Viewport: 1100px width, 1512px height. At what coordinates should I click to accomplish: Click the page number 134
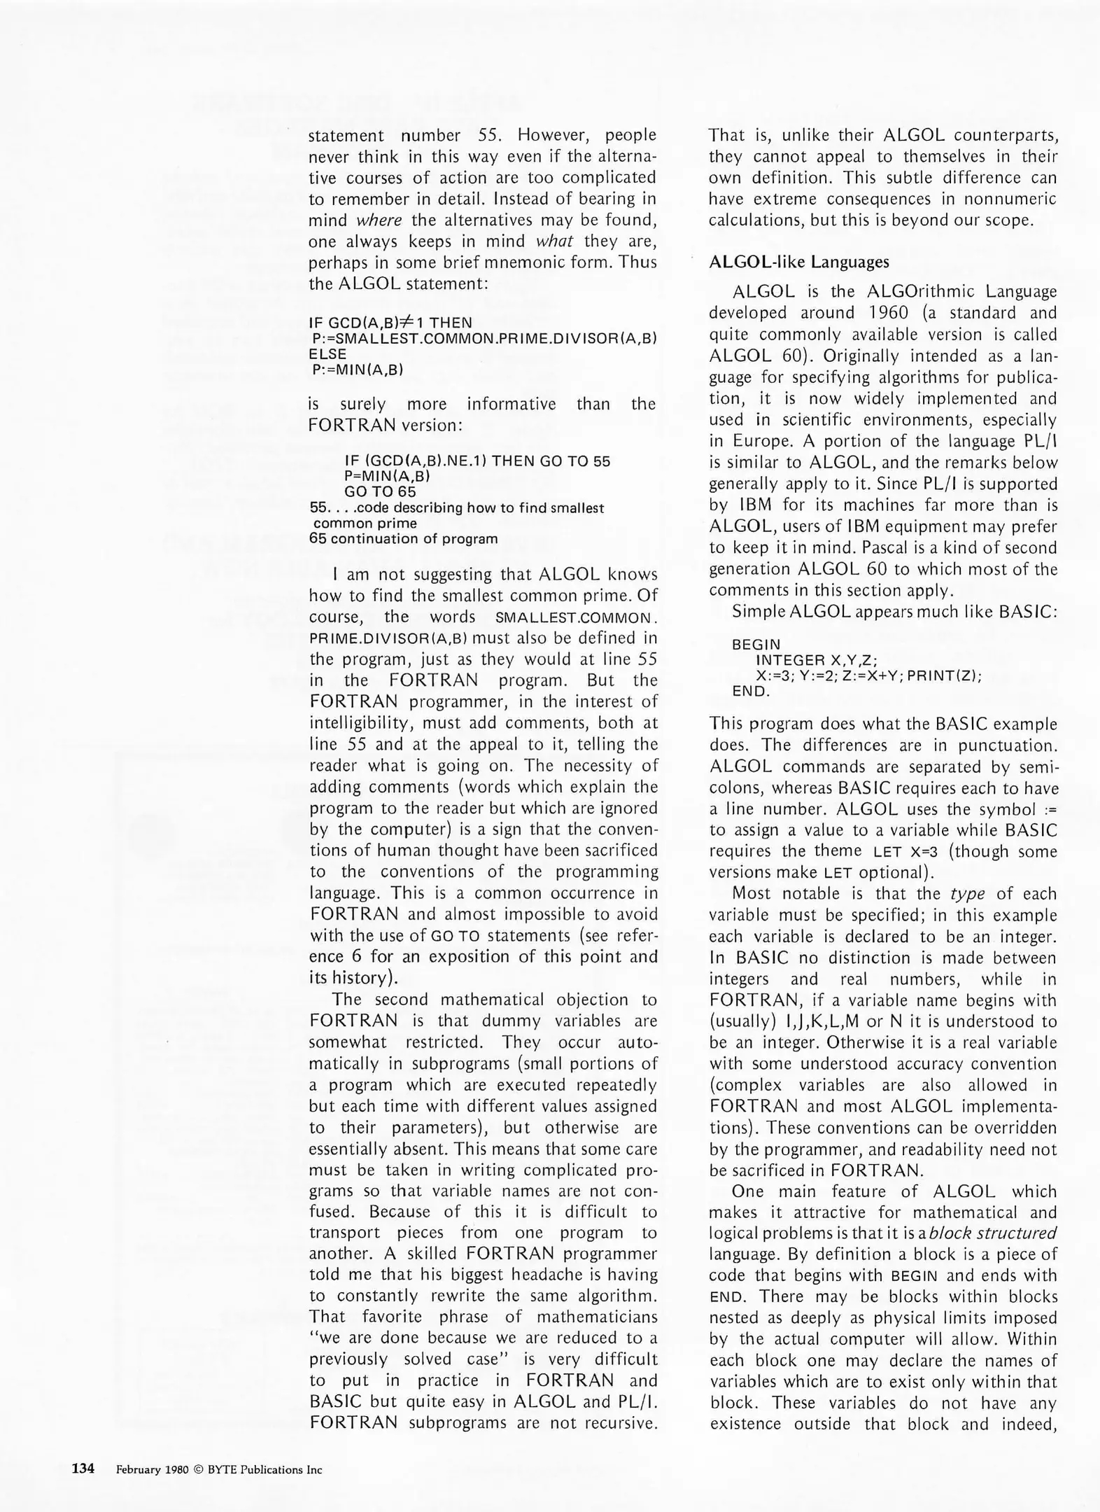coord(83,1469)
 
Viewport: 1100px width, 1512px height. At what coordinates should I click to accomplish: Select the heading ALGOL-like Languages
coord(799,262)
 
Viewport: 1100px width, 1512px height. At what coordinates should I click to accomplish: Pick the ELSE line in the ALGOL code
coord(327,354)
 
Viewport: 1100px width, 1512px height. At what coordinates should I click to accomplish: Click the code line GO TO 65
coord(380,491)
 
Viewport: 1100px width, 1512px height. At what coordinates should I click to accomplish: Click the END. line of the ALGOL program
coord(751,692)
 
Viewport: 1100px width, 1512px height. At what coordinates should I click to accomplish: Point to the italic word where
coord(379,220)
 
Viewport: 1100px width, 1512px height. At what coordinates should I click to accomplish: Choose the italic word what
coord(554,241)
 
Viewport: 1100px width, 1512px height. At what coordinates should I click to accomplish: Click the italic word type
coord(968,894)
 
